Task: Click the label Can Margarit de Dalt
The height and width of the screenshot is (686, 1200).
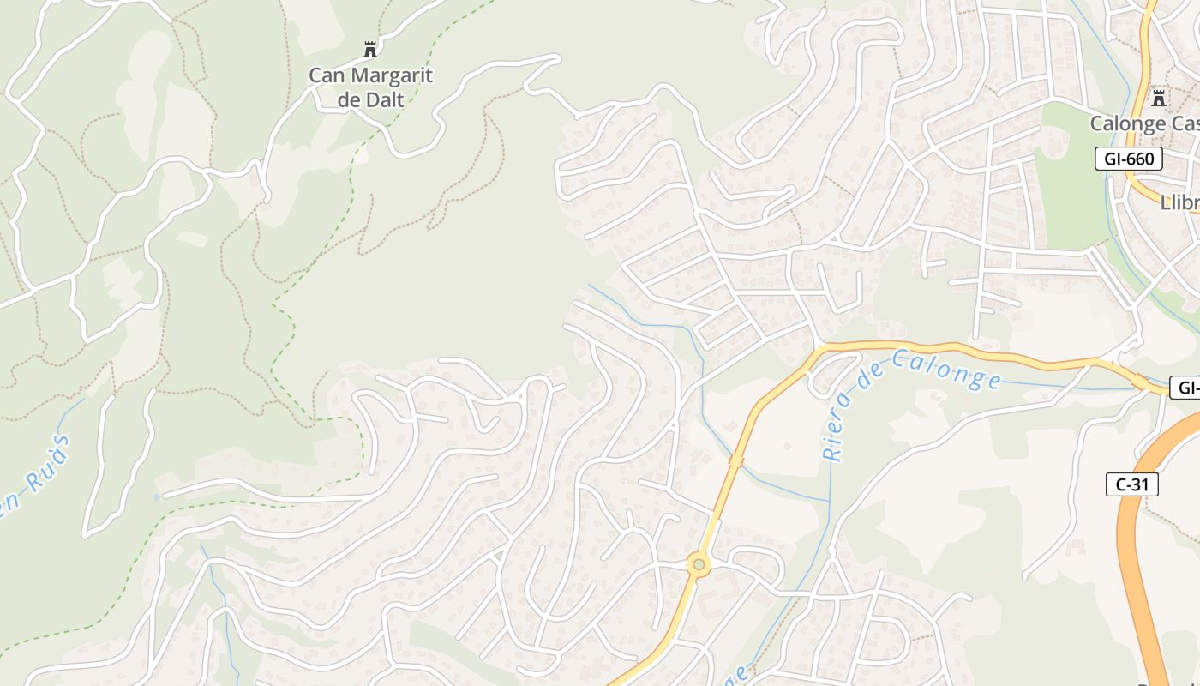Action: (x=370, y=87)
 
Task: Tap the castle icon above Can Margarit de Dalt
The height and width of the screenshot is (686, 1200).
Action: (x=370, y=49)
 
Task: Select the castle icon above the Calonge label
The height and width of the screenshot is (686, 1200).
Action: (x=1159, y=98)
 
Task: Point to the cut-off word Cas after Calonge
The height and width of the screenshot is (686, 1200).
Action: (x=1184, y=123)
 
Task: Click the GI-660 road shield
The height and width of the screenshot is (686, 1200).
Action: (x=1128, y=159)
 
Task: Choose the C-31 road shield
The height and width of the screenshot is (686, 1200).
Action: (x=1131, y=484)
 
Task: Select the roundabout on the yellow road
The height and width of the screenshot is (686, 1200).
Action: (x=699, y=564)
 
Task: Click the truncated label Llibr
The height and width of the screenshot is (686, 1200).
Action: (x=1179, y=203)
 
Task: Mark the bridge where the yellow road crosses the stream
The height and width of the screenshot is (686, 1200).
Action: (x=735, y=461)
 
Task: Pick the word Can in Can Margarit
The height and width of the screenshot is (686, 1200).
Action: (x=327, y=75)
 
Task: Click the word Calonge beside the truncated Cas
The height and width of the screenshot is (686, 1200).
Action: (x=1128, y=123)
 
